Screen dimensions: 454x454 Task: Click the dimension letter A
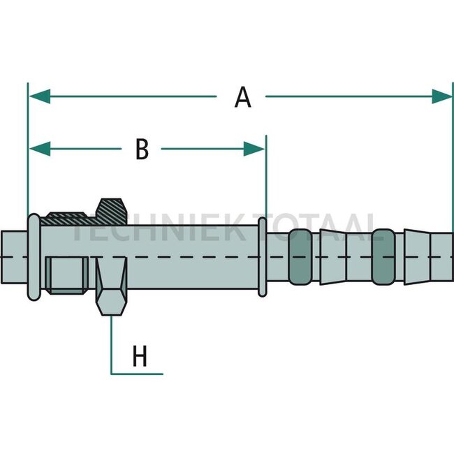coord(242,97)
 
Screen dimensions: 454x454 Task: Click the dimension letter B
coord(142,149)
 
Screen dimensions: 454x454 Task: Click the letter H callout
coord(140,356)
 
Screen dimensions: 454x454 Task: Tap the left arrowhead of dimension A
coord(40,96)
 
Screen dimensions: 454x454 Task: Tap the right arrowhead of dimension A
coord(442,96)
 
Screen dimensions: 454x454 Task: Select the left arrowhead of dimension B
coord(40,149)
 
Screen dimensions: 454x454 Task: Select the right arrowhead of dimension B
coord(254,149)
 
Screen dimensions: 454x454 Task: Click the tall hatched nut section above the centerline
coord(112,212)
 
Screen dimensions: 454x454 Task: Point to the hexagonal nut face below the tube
coord(112,302)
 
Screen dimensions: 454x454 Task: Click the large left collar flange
coord(34,257)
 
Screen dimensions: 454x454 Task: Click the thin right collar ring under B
coord(263,257)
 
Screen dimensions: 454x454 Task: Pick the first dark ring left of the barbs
coord(300,257)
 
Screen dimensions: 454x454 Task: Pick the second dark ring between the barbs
coord(383,257)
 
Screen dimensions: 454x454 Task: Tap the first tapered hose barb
coord(333,257)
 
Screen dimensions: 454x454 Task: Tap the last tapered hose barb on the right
coord(417,257)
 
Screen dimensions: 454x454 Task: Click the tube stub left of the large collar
coord(15,257)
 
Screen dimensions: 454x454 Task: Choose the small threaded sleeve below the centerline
coord(67,275)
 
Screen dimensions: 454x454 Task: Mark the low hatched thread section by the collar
coord(68,219)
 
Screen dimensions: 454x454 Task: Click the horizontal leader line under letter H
coord(137,374)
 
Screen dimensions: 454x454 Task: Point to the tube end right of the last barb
coord(442,257)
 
